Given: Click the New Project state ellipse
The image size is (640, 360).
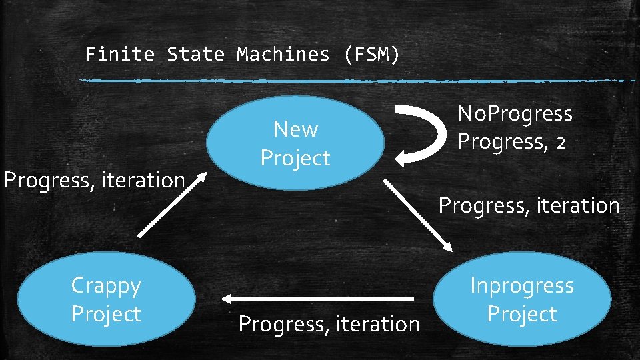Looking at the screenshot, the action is click(295, 143).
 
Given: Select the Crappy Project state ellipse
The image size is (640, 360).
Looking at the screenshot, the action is click(106, 299).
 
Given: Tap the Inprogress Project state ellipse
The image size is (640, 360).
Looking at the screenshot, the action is click(522, 299).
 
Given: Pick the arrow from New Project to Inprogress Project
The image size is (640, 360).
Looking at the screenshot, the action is click(418, 215).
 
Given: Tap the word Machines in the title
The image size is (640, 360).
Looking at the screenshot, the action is click(283, 54).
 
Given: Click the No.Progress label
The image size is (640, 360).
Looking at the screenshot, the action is click(515, 114).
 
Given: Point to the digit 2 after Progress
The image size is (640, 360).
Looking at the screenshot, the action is click(560, 142).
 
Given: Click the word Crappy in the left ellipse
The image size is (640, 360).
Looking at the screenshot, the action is click(106, 285).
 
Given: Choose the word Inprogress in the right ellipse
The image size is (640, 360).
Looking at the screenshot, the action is click(522, 285).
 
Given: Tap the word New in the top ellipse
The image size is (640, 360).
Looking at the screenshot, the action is click(295, 129).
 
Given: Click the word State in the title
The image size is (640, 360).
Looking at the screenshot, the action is click(195, 54).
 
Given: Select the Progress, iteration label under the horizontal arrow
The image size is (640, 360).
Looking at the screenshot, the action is click(329, 324).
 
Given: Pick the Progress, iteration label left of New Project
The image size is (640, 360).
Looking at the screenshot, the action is click(94, 180).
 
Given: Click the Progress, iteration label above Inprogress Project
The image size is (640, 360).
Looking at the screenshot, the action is click(529, 205).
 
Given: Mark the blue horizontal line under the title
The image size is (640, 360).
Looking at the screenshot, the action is click(357, 81).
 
